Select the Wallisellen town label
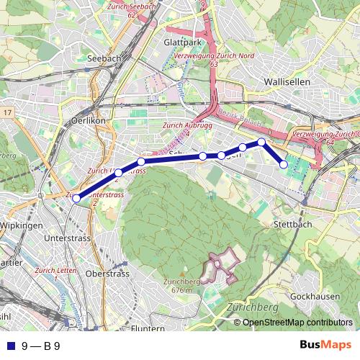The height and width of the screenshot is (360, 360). pos(287,82)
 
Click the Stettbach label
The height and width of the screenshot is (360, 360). pos(292,225)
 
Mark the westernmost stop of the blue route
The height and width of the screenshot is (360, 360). pos(76,199)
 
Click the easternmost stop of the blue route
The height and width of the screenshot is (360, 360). pos(284,165)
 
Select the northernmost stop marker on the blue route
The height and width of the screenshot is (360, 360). pos(262,143)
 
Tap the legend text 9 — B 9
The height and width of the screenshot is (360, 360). pos(41,346)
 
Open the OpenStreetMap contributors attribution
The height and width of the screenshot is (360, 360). pos(297,322)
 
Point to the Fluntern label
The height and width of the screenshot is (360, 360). pos(149,328)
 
